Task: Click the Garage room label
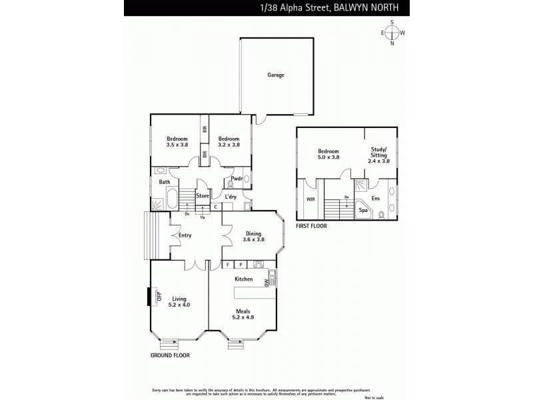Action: (276, 75)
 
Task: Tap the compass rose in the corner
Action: (392, 33)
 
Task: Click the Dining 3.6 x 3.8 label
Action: (253, 236)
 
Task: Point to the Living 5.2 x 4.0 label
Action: (179, 301)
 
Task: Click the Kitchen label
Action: (243, 279)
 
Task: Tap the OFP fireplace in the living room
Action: (158, 297)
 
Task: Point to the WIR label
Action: (310, 199)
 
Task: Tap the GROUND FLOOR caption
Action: (170, 355)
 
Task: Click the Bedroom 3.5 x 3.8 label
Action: (177, 141)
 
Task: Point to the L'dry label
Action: (231, 197)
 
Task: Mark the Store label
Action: (203, 196)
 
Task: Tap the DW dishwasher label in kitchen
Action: (266, 283)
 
